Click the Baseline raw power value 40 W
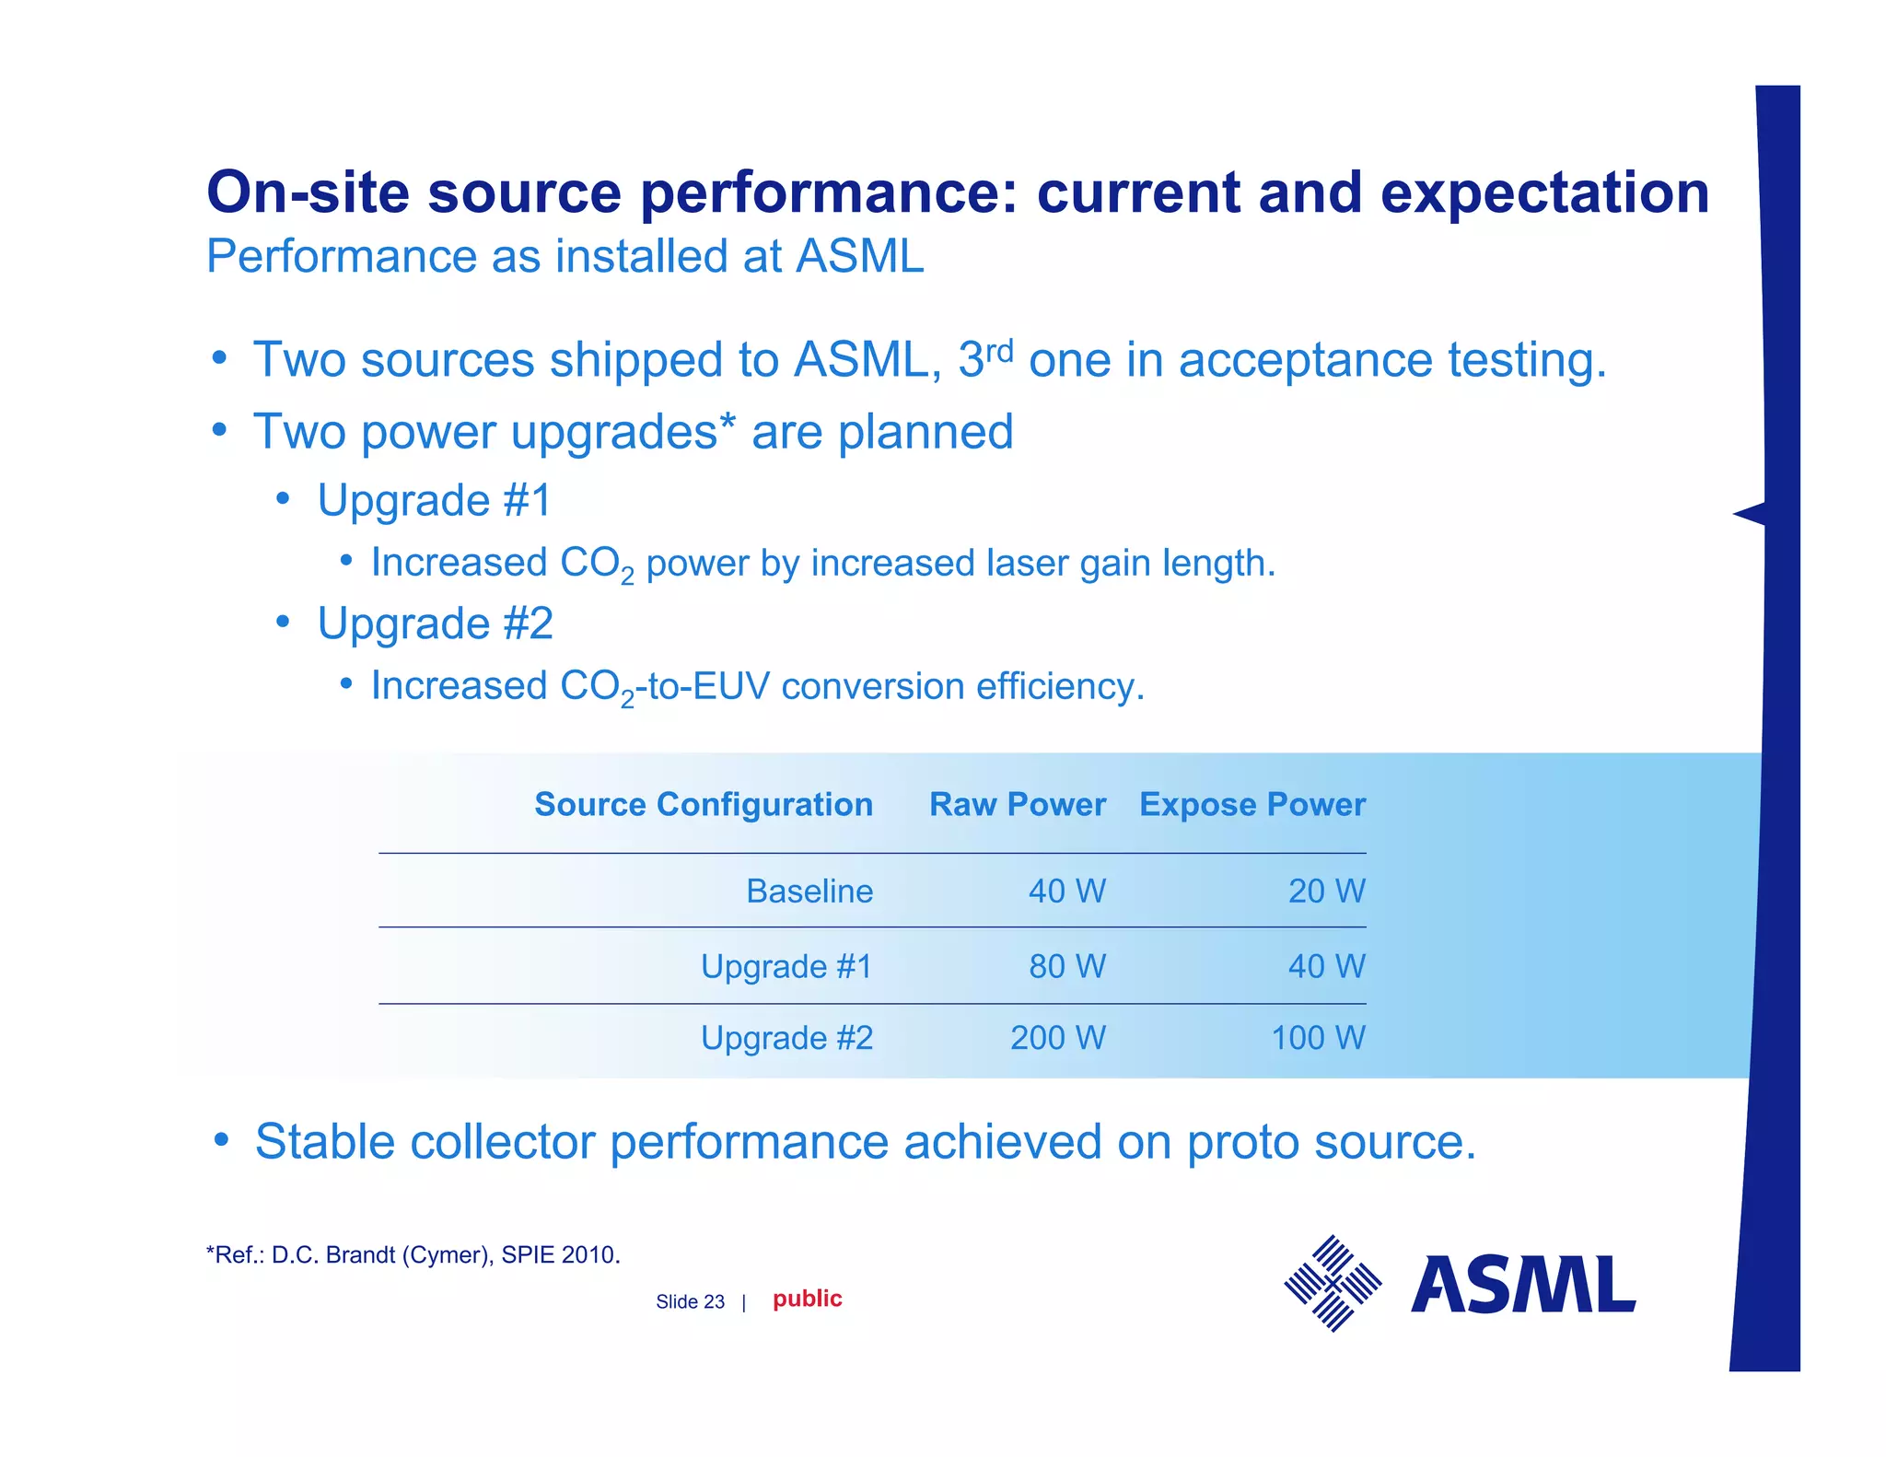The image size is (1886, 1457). click(x=1066, y=892)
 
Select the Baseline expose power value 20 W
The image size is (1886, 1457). click(x=1326, y=892)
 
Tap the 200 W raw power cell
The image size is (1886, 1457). click(x=1057, y=1038)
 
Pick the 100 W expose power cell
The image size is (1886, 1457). click(x=1318, y=1038)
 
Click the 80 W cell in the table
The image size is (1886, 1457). click(x=1066, y=966)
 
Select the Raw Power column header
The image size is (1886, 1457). click(x=1017, y=805)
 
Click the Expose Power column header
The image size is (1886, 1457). click(x=1252, y=805)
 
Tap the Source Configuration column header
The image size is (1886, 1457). click(x=704, y=805)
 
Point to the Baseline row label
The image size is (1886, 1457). click(x=809, y=892)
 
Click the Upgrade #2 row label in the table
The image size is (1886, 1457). click(x=786, y=1038)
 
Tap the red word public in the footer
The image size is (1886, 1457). click(x=807, y=1299)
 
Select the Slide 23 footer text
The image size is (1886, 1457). click(x=690, y=1302)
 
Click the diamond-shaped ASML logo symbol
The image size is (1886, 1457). click(x=1333, y=1283)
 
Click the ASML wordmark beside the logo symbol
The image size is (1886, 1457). click(x=1523, y=1285)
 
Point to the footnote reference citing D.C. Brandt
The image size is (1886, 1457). click(x=413, y=1255)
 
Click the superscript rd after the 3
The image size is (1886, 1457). click(x=999, y=351)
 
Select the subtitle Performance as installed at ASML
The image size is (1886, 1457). click(x=565, y=256)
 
